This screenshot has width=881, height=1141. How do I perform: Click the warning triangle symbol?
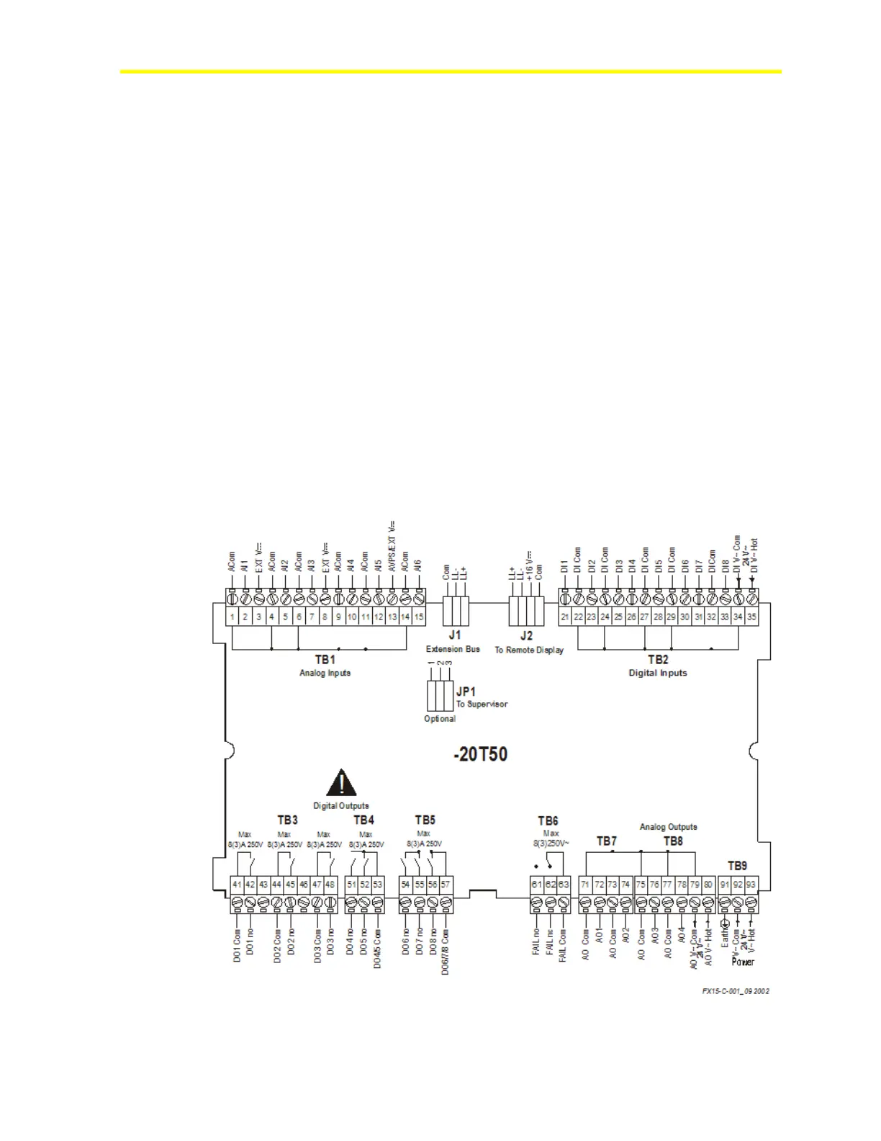(341, 782)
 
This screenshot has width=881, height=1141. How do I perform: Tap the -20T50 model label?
(480, 754)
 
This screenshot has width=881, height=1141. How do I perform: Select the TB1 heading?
(325, 659)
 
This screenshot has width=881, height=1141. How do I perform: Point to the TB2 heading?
(658, 659)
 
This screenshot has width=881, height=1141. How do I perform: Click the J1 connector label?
(454, 635)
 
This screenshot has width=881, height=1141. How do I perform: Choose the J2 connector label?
(527, 635)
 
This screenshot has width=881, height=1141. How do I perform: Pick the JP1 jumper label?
(466, 692)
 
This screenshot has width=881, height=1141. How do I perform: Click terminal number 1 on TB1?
(232, 617)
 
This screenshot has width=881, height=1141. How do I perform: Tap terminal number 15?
(418, 617)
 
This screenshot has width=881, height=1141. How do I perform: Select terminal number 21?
(565, 617)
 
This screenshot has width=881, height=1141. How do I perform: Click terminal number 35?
(751, 617)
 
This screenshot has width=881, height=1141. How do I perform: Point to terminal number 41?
(237, 885)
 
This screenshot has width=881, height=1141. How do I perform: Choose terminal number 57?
(446, 885)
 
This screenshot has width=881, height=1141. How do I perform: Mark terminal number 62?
(551, 885)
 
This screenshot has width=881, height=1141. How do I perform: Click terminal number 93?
(751, 885)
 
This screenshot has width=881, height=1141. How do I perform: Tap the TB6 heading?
(548, 821)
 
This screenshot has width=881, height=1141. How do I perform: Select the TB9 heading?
(737, 866)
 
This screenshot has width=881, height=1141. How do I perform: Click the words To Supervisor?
(482, 704)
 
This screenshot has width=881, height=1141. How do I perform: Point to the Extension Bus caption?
(453, 649)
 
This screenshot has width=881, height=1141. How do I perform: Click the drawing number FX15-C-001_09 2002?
(736, 991)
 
